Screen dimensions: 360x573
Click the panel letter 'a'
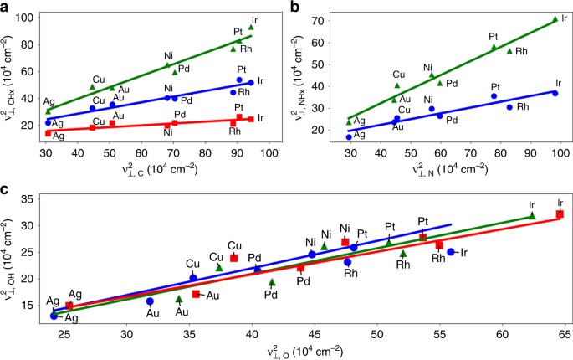pos(6,7)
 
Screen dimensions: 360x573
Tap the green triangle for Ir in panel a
pos(251,27)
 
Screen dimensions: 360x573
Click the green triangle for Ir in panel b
pos(555,18)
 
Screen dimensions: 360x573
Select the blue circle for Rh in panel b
pos(509,106)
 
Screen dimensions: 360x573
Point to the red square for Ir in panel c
pos(560,214)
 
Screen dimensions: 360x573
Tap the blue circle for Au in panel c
pos(150,301)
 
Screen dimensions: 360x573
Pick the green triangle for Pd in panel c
pos(272,282)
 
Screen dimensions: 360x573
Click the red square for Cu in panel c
pos(233,258)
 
